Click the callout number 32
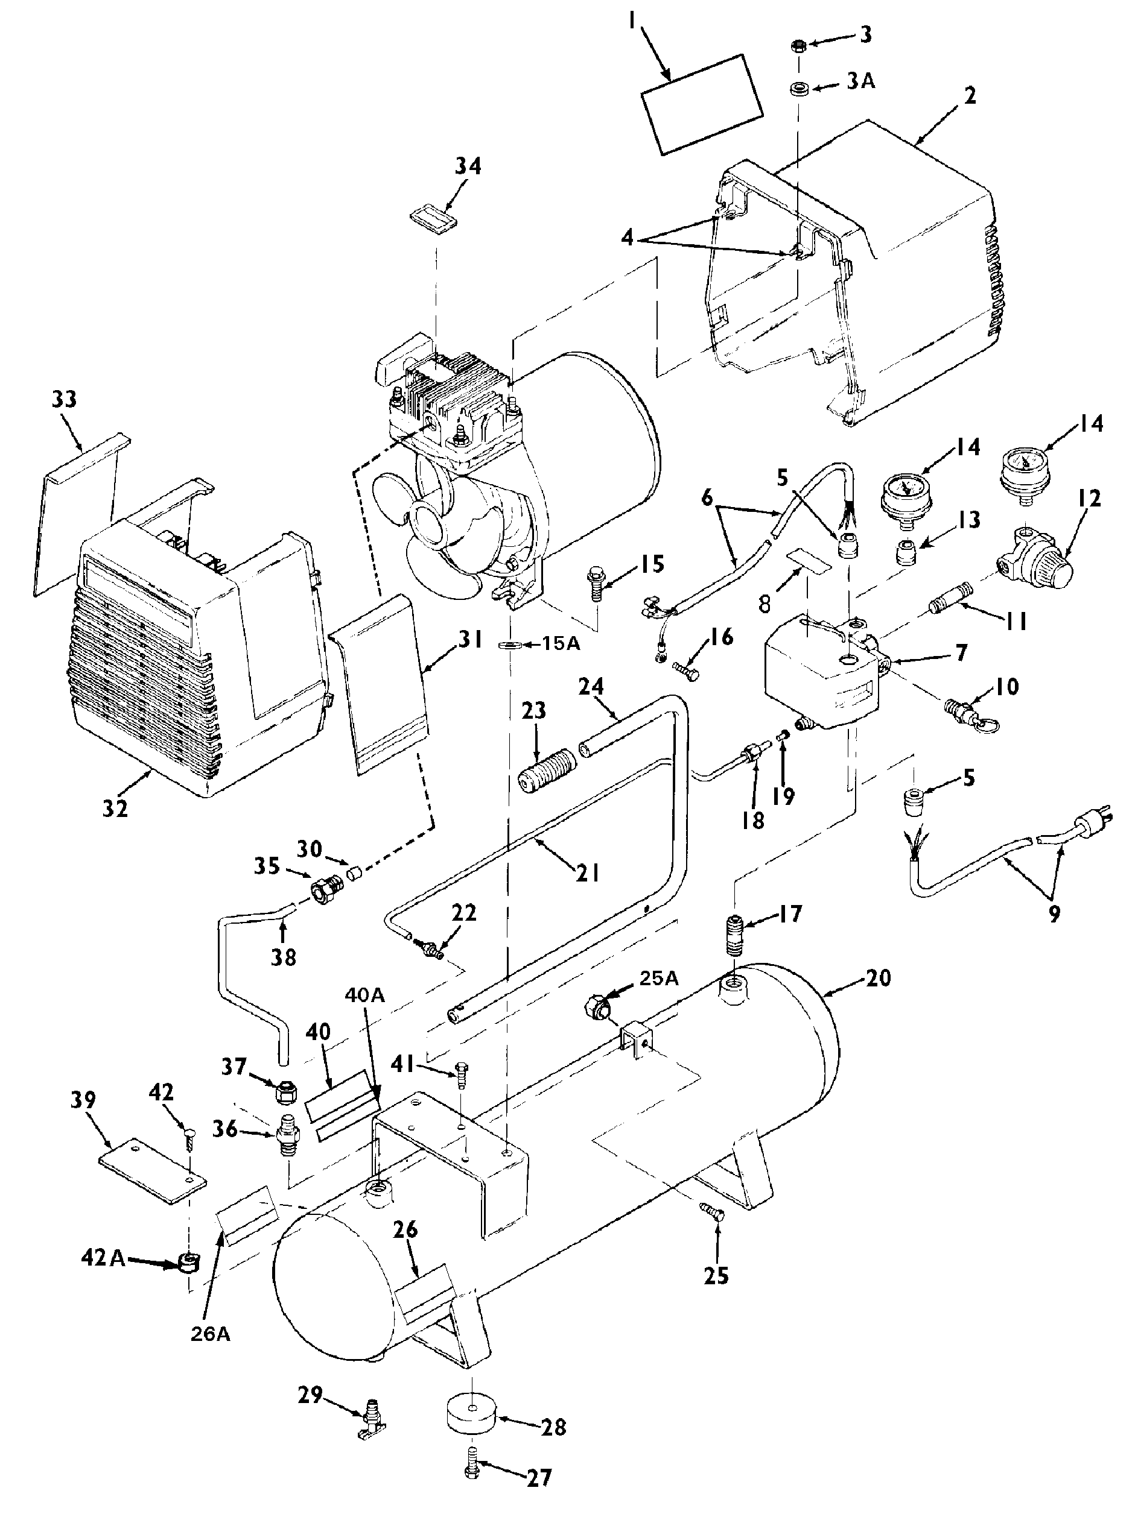[115, 809]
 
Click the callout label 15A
[561, 643]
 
